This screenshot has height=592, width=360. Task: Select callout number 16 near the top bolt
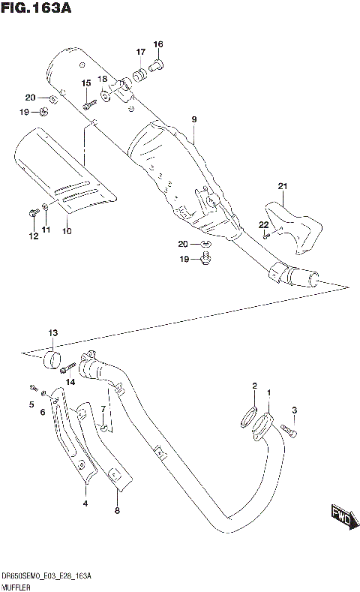pyautogui.click(x=158, y=44)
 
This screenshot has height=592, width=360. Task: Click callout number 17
pyautogui.click(x=140, y=52)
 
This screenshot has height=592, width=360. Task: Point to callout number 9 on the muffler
pyautogui.click(x=193, y=119)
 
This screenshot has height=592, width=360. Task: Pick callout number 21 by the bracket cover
pyautogui.click(x=282, y=186)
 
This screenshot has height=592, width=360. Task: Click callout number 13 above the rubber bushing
pyautogui.click(x=52, y=332)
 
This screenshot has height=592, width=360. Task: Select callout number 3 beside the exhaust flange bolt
pyautogui.click(x=295, y=410)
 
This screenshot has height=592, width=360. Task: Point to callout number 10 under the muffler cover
pyautogui.click(x=67, y=230)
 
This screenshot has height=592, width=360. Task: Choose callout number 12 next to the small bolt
pyautogui.click(x=32, y=236)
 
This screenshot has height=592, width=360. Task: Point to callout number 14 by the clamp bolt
pyautogui.click(x=71, y=382)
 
